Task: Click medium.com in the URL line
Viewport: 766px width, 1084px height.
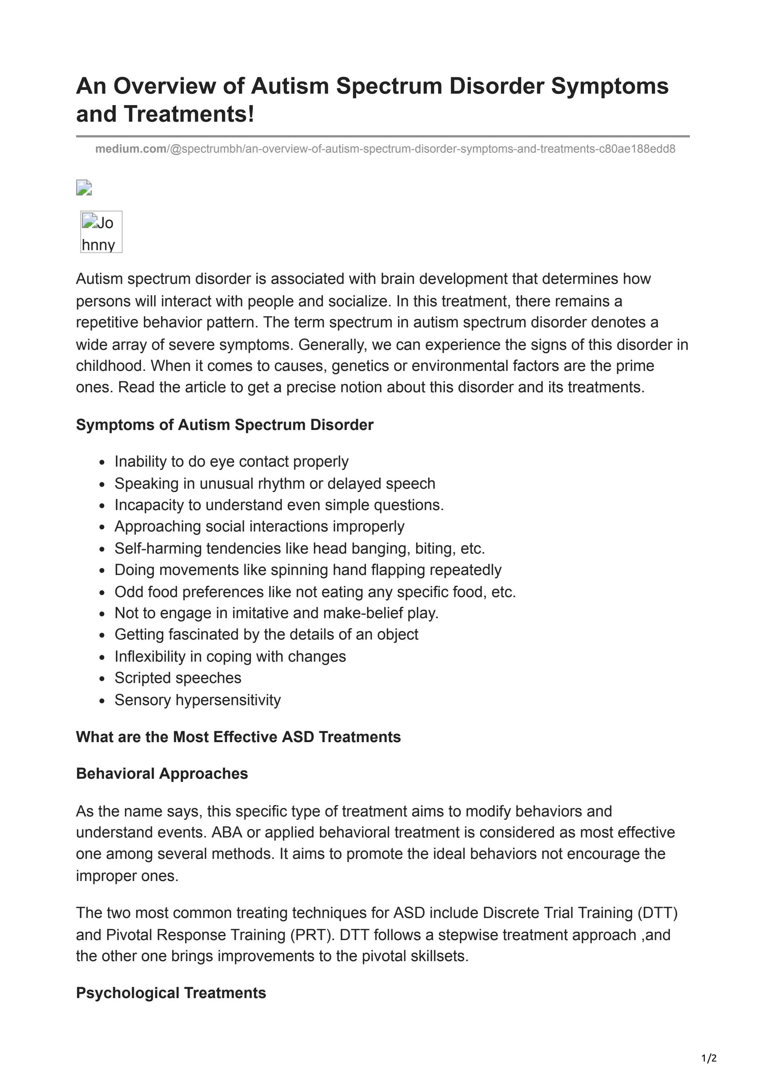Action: (130, 149)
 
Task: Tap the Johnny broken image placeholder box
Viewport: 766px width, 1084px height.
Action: (101, 232)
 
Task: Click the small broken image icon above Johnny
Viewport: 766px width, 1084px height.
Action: (83, 188)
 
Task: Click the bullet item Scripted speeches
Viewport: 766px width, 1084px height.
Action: (178, 678)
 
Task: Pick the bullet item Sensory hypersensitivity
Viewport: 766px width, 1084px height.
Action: (197, 700)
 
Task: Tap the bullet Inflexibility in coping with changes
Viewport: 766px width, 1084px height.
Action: (230, 656)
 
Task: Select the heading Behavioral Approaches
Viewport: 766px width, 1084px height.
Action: (162, 774)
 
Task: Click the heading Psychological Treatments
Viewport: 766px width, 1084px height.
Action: (171, 993)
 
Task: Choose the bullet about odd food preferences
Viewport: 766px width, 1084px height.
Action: (315, 592)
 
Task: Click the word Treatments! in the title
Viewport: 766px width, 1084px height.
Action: (189, 115)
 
